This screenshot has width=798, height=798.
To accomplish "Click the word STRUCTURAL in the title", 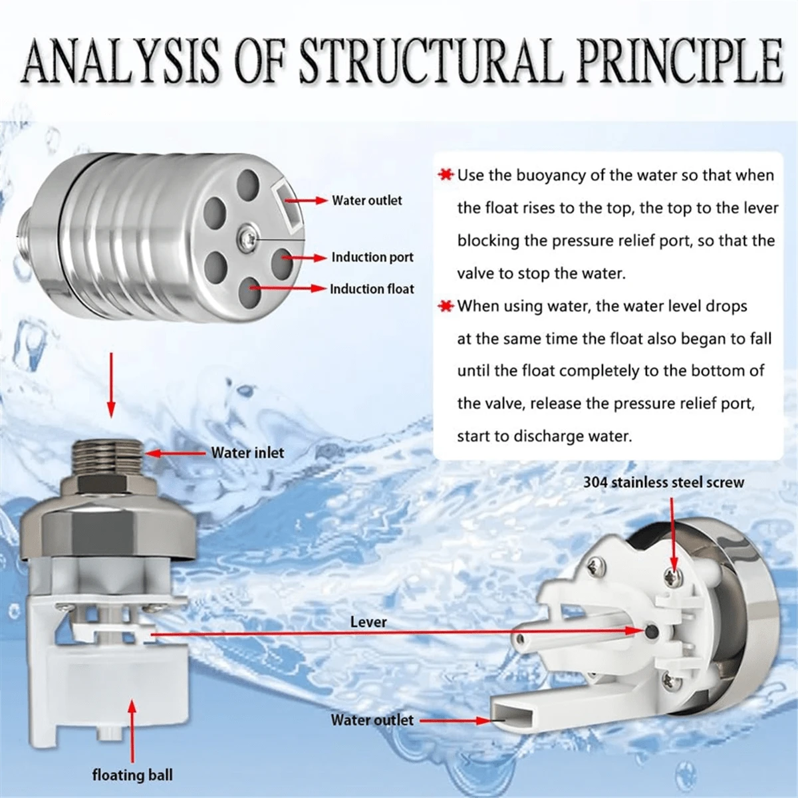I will click(426, 61).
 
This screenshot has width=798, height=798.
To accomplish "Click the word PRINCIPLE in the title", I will click(672, 61).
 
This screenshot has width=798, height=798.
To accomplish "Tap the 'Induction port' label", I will click(372, 257).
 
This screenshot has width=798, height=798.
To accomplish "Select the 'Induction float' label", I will click(372, 289).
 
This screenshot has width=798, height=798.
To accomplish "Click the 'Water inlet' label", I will click(247, 453).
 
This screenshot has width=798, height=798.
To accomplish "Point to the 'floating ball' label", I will click(132, 775).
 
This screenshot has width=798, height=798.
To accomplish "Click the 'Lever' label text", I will click(368, 622).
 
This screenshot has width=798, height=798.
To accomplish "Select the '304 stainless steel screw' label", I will click(664, 482).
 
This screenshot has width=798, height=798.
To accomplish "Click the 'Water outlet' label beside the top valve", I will click(367, 200).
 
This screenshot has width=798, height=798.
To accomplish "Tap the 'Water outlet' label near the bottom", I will click(372, 720).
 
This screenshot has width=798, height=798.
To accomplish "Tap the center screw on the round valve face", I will click(247, 236).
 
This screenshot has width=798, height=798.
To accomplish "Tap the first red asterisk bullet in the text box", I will click(445, 176).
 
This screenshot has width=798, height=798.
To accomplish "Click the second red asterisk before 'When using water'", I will click(445, 307).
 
